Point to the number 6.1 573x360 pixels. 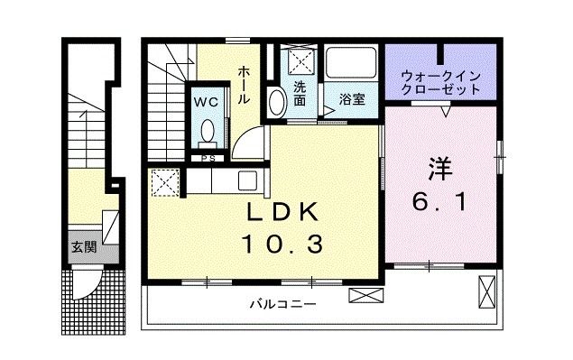439,202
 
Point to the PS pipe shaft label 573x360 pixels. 208,159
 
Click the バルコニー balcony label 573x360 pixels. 283,304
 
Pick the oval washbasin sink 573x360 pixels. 277,102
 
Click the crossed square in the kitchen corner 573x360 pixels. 164,184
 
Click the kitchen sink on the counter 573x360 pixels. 246,180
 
